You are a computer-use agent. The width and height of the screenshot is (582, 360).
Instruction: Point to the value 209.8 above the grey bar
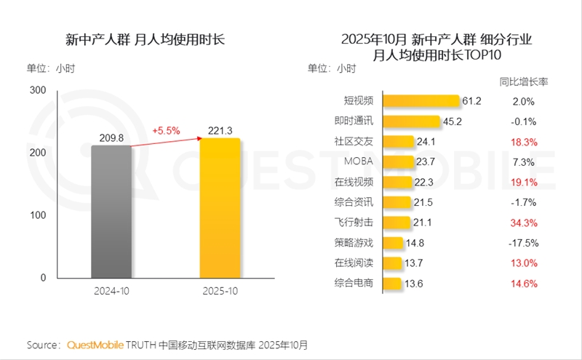111,137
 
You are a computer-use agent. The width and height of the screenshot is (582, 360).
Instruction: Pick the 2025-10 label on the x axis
220,291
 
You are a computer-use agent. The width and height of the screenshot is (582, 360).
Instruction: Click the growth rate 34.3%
524,223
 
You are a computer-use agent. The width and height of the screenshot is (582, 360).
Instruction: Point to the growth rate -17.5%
524,243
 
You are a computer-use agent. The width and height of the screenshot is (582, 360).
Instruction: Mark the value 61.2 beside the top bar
473,101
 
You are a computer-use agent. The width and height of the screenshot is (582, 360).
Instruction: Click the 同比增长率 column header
524,81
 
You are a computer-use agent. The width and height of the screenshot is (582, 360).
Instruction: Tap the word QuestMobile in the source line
96,344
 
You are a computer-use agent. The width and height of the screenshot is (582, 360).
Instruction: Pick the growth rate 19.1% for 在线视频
524,182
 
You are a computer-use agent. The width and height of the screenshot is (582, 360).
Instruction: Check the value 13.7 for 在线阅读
414,263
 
